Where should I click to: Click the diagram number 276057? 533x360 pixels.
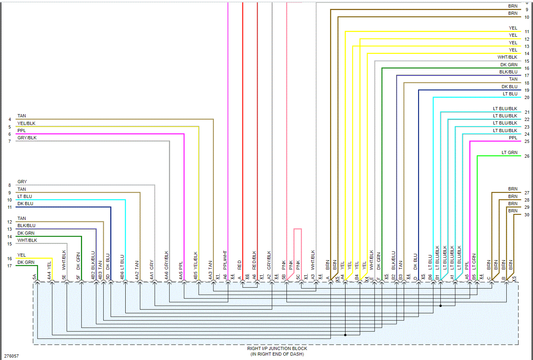[x=12, y=356]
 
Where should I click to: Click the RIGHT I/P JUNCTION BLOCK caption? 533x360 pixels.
[x=277, y=348]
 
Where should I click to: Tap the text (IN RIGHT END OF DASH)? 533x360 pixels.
[x=277, y=354]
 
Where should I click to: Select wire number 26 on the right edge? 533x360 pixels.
[x=527, y=156]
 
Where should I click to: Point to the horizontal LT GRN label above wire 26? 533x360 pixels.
[x=509, y=152]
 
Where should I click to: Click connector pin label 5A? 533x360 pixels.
[x=35, y=277]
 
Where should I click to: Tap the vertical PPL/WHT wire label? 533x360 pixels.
[x=225, y=260]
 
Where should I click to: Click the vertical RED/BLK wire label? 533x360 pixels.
[x=254, y=260]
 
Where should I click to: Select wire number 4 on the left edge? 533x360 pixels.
[x=10, y=119]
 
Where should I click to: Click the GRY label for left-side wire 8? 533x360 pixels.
[x=22, y=182]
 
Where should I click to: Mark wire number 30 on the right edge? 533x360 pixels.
[x=527, y=215]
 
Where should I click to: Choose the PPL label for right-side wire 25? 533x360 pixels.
[x=513, y=138]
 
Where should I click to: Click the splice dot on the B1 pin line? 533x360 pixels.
[x=440, y=306]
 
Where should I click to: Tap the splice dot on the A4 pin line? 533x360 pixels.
[x=345, y=335]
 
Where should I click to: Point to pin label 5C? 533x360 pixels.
[x=298, y=277]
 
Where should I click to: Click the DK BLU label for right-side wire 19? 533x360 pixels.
[x=509, y=87]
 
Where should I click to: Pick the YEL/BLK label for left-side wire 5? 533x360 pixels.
[x=26, y=123]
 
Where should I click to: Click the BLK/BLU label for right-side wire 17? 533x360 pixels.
[x=508, y=72]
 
